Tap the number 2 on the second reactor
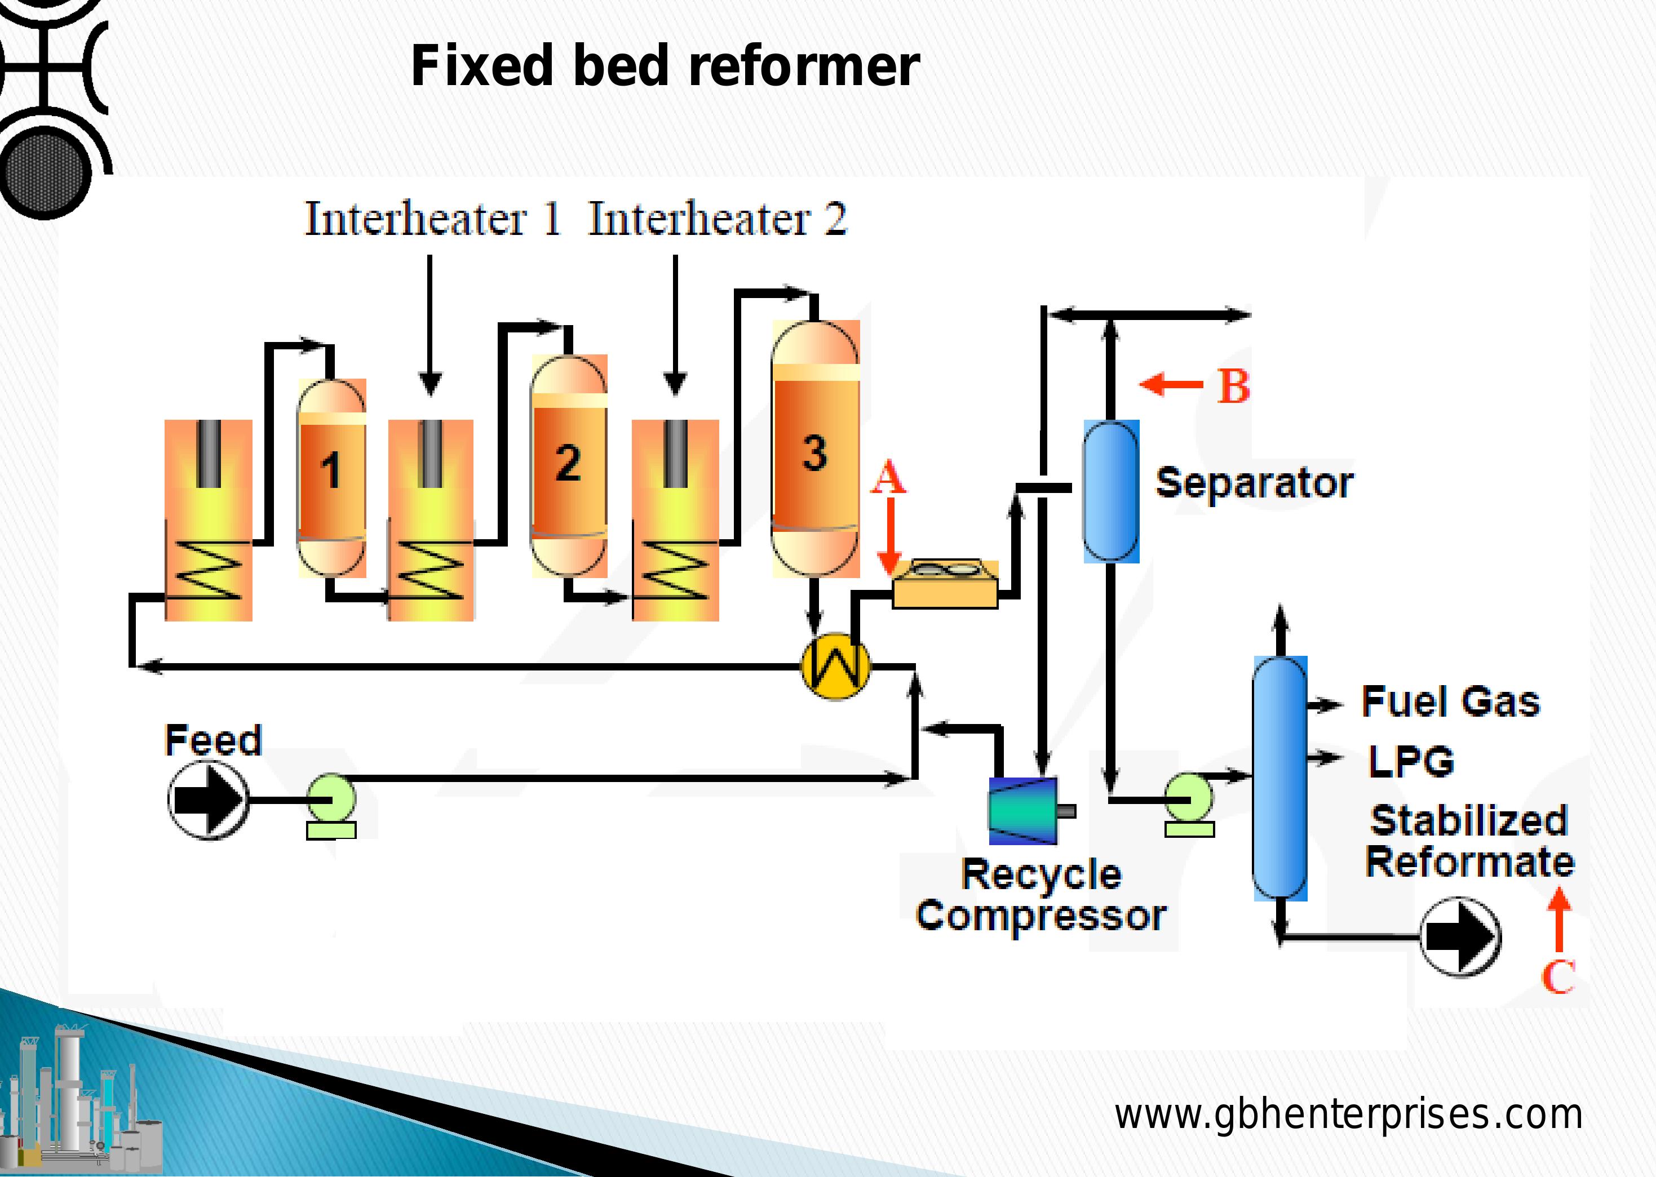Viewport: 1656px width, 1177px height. tap(568, 463)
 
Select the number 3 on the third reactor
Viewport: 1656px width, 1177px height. tap(814, 453)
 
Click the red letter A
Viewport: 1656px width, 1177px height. tap(888, 479)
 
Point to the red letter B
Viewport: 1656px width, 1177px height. tap(1233, 387)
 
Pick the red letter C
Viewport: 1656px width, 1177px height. tap(1558, 977)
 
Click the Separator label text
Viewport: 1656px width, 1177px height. tap(1254, 483)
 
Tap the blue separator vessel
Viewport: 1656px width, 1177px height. tap(1111, 491)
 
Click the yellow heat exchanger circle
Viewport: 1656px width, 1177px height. tap(835, 666)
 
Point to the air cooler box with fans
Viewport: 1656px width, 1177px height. tap(945, 583)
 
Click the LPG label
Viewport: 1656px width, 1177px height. tap(1410, 761)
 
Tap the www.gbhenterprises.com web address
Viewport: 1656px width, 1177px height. tap(1348, 1114)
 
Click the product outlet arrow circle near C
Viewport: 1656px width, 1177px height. tap(1459, 937)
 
